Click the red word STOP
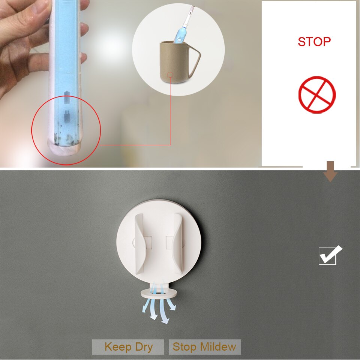(314, 42)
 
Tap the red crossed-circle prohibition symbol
(317, 95)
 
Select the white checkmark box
(330, 255)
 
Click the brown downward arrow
(330, 171)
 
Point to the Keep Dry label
(128, 347)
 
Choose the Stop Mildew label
(205, 347)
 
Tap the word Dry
(144, 347)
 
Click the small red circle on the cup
(170, 75)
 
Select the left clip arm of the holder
(139, 244)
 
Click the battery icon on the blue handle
(67, 97)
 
